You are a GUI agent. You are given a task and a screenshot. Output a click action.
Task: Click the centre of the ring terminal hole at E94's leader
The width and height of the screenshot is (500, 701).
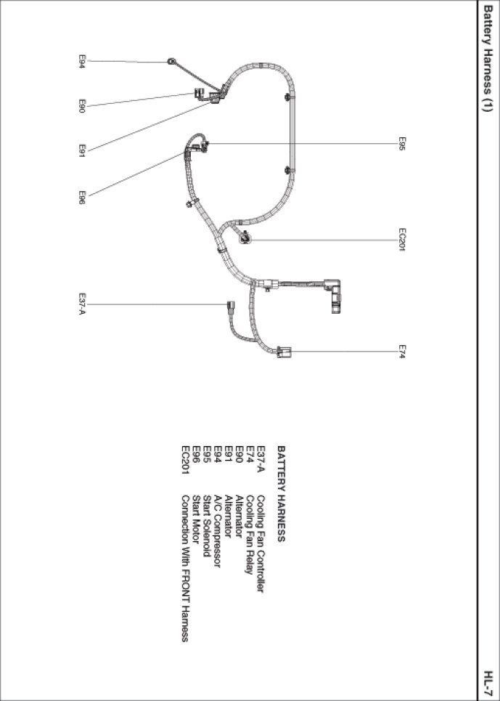click(171, 61)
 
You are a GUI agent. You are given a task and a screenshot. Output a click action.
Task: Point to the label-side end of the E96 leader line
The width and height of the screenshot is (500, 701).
click(89, 196)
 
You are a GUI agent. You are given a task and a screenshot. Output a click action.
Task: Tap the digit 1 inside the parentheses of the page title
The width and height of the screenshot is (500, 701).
click(488, 105)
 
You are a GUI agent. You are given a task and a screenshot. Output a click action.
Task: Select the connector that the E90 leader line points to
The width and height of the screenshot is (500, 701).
click(199, 94)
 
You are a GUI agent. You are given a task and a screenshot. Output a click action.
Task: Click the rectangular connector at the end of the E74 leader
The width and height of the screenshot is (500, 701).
click(284, 352)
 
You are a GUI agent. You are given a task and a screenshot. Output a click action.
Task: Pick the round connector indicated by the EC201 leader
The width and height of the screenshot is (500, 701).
click(245, 239)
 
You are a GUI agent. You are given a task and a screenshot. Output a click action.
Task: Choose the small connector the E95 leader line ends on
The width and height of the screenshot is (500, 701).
click(205, 145)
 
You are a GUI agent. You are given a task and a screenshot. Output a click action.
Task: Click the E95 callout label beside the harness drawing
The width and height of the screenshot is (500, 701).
click(402, 144)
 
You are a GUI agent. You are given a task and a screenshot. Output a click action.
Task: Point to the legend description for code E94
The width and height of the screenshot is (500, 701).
click(217, 531)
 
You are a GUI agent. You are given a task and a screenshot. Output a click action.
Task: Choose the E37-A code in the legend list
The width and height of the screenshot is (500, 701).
click(261, 458)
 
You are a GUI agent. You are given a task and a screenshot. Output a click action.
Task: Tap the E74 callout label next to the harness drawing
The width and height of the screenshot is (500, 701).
click(402, 352)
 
